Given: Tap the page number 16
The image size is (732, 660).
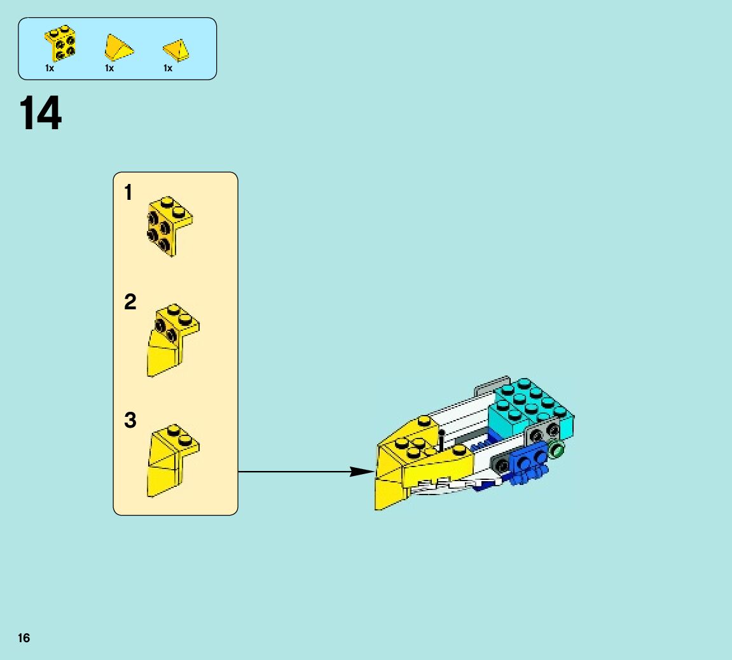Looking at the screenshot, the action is point(24,638).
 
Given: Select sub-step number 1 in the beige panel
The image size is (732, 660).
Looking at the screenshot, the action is point(128,192).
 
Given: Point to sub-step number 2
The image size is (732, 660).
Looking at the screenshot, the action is point(130,302).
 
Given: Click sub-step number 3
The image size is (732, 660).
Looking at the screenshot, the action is point(130,420).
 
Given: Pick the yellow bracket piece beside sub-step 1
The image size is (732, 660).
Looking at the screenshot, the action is point(169,225).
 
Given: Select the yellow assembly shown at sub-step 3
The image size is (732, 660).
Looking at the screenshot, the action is point(172,460).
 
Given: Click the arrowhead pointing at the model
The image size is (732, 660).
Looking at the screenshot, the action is point(363,472).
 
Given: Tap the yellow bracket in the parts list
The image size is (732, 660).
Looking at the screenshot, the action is point(61,43).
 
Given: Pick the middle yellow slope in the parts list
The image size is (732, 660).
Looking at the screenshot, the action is point(118,47).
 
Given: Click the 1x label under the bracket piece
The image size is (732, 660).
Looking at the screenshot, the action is point(50,68).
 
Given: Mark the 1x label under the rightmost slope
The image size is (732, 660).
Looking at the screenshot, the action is point(168,68).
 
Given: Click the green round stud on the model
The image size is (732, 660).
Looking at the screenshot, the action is point(557,451).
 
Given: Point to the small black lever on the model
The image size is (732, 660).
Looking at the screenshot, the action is point(441,439).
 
